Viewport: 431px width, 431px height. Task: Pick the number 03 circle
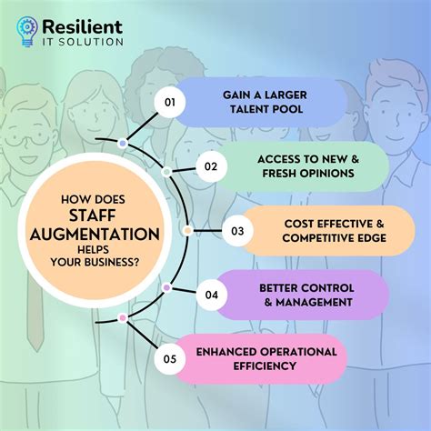[237, 231]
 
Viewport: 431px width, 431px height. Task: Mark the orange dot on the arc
[187, 230]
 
